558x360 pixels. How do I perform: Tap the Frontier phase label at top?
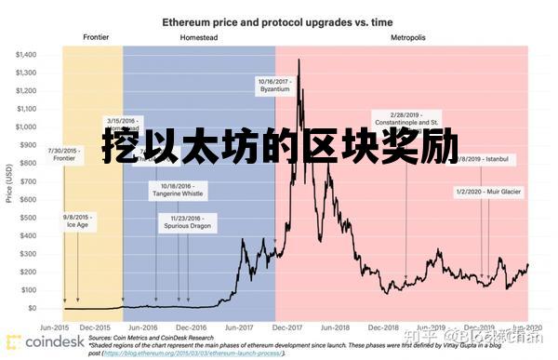pyautogui.click(x=96, y=38)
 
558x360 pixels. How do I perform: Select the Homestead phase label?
pyautogui.click(x=198, y=38)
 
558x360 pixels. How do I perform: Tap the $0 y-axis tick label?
pyautogui.click(x=33, y=308)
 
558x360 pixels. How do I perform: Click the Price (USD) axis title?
pyautogui.click(x=8, y=182)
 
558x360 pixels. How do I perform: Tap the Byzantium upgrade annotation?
pyautogui.click(x=274, y=87)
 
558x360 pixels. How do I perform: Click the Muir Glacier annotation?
pyautogui.click(x=488, y=192)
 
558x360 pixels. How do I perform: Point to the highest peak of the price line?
pyautogui.click(x=299, y=60)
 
